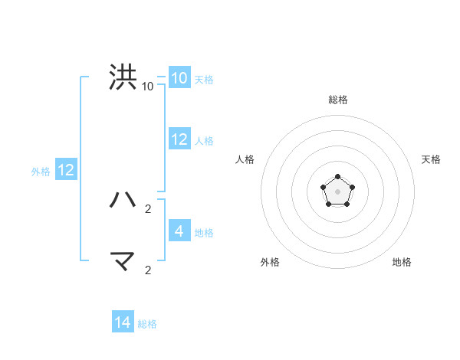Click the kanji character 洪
point(123,78)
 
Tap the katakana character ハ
point(123,200)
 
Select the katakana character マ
point(123,262)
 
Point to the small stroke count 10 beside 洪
point(148,86)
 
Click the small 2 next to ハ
point(148,208)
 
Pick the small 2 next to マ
point(148,270)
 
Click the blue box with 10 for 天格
point(179,78)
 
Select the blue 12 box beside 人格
point(179,139)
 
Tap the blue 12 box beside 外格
point(66,170)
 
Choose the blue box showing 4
point(179,231)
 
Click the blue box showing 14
point(123,322)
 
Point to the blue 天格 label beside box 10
point(204,79)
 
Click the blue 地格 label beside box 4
point(204,232)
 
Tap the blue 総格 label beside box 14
point(147,323)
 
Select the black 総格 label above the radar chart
point(338,100)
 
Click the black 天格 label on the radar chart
point(432,159)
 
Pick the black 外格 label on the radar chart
point(270,262)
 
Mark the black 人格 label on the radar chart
point(245,159)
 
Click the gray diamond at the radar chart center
point(337,191)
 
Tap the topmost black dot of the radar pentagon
point(337,177)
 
